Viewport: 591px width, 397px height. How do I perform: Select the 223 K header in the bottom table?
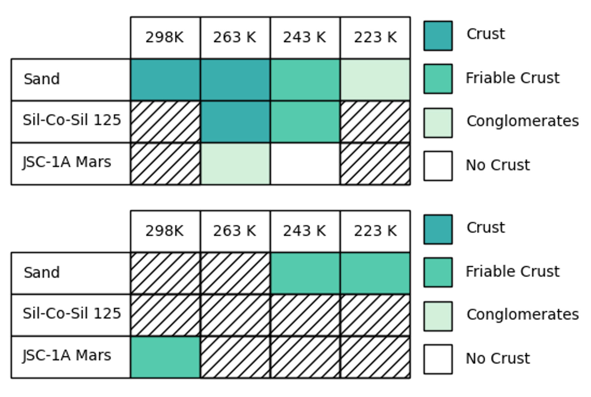click(x=375, y=231)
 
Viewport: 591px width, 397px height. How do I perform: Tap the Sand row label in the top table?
click(x=42, y=79)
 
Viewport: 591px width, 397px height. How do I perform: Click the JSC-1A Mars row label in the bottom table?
click(x=67, y=355)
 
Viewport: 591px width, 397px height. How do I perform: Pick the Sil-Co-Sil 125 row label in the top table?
click(x=72, y=120)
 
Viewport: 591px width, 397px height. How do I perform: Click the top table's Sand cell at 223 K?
click(x=375, y=80)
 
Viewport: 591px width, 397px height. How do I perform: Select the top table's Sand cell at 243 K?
click(x=305, y=80)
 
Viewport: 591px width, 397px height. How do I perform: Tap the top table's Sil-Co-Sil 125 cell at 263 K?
click(x=235, y=122)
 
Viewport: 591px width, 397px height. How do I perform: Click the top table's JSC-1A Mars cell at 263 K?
click(x=235, y=163)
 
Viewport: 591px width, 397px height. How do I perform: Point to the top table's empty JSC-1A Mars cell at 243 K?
click(x=305, y=163)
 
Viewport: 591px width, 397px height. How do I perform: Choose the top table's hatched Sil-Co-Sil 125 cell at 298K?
click(x=165, y=122)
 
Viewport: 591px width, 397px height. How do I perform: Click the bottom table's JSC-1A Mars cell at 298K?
click(x=165, y=357)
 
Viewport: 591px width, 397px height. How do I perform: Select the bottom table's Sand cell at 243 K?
click(x=305, y=273)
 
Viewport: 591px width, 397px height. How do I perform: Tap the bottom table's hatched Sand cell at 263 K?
click(x=235, y=273)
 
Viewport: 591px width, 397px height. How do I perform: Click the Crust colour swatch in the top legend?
click(x=438, y=36)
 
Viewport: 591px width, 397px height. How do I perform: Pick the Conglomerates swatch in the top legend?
click(x=438, y=123)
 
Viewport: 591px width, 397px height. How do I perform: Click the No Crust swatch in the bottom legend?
click(x=438, y=359)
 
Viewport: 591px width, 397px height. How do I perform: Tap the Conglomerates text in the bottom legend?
click(x=522, y=315)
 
